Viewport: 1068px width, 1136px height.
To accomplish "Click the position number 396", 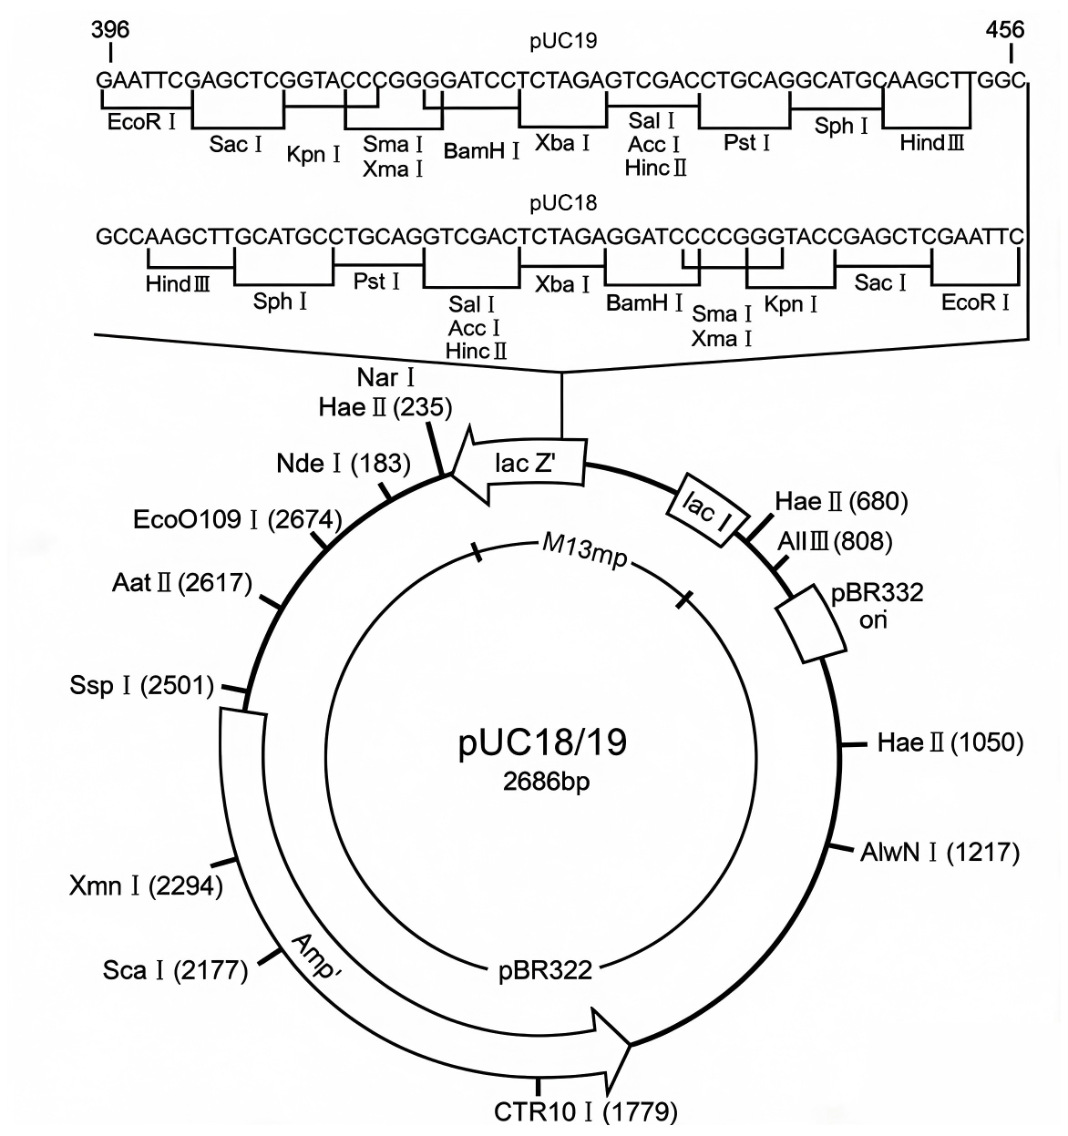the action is [x=110, y=30].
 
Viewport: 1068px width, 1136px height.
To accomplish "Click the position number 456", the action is [x=1005, y=30].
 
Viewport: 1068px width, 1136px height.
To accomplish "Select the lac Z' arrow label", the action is [x=525, y=463].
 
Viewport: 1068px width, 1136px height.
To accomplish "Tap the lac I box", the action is [x=709, y=509].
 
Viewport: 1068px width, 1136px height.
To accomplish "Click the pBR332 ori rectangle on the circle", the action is [x=811, y=623].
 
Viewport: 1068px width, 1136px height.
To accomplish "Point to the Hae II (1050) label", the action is [x=950, y=743].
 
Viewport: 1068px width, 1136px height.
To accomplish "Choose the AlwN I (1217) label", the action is [x=940, y=853].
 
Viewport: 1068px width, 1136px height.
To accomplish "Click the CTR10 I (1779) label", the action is [x=586, y=1112].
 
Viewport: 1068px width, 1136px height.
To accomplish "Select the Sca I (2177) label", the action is [x=175, y=970].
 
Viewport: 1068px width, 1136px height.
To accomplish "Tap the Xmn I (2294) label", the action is [x=146, y=886].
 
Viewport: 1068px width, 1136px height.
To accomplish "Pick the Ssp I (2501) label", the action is [x=142, y=685].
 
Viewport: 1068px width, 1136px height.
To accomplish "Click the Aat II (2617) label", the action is [x=182, y=583].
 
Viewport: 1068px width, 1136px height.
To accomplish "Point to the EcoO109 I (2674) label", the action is [x=238, y=519].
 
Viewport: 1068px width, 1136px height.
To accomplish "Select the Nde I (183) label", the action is [x=344, y=464].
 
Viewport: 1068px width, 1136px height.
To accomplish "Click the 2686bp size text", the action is [x=546, y=781].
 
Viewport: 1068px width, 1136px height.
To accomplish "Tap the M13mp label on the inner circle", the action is [x=584, y=553].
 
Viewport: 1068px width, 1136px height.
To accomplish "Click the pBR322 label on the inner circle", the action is [x=545, y=971].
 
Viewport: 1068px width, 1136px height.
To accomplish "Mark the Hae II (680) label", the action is [x=841, y=502].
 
